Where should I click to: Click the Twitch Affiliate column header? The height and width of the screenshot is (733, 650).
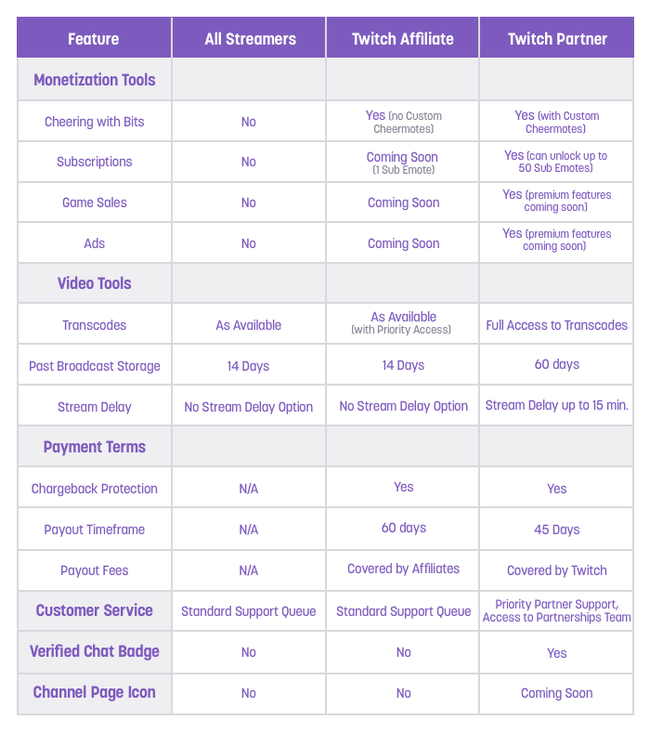[x=403, y=39]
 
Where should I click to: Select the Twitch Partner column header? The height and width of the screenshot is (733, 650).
[x=557, y=39]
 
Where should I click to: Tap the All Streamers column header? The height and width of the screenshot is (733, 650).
[x=249, y=39]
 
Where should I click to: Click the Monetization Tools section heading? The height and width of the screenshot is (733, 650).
[x=94, y=80]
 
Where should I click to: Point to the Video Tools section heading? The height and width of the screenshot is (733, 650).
[x=94, y=283]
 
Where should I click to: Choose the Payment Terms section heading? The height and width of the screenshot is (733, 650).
[x=94, y=447]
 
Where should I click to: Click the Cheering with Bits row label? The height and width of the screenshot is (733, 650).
[x=94, y=122]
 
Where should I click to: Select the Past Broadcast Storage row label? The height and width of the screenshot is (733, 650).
[x=94, y=366]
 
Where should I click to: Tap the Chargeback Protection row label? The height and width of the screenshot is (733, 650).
[x=94, y=489]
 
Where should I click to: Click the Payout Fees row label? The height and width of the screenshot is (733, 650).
[x=94, y=570]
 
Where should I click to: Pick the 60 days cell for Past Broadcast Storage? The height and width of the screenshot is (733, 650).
[x=557, y=364]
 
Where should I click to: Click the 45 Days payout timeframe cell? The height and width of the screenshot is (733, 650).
[x=557, y=530]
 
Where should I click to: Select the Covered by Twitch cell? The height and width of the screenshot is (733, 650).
[x=557, y=570]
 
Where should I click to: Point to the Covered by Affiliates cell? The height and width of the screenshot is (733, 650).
[x=403, y=569]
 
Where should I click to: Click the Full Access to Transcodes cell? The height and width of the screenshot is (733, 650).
[x=557, y=325]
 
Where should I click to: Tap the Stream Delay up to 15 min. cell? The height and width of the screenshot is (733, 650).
[x=557, y=406]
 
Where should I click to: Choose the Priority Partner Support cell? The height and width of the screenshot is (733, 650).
[x=557, y=610]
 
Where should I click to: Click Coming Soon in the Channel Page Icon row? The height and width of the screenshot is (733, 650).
[x=557, y=693]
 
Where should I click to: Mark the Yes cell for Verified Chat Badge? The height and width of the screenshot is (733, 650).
[x=557, y=653]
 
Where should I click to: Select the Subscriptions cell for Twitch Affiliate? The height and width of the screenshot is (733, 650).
[x=403, y=162]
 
